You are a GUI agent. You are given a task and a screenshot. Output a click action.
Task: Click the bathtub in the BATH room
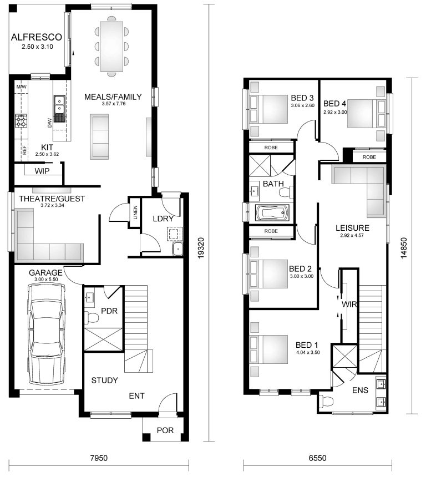(270, 214)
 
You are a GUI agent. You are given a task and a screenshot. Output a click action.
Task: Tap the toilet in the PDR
(92, 318)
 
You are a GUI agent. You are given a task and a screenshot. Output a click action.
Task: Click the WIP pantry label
(42, 171)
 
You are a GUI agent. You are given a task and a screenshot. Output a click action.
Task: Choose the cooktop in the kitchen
(21, 121)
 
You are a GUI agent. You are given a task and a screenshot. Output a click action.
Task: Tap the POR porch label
(164, 430)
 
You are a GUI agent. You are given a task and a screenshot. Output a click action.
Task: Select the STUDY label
(104, 380)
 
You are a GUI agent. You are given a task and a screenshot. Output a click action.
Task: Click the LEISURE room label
(352, 227)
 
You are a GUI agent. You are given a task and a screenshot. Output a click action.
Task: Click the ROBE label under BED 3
(271, 147)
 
